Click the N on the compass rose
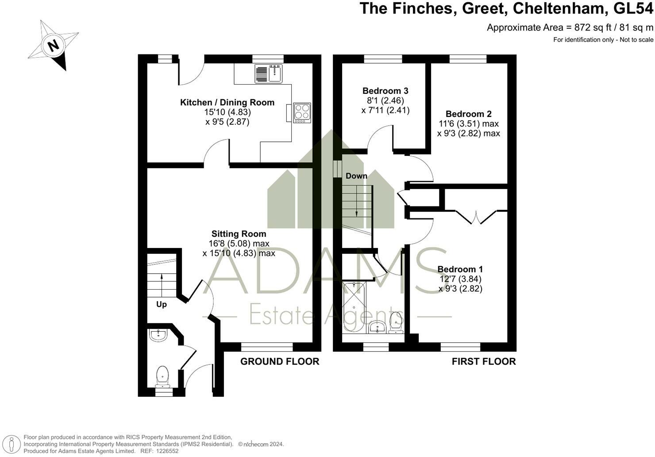click(x=53, y=46)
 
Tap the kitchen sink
click(x=268, y=74)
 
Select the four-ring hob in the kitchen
click(x=302, y=112)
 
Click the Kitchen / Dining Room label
click(x=227, y=102)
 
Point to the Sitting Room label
click(x=239, y=234)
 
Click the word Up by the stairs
click(x=162, y=305)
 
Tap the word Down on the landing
click(x=356, y=176)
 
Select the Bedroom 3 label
click(x=385, y=91)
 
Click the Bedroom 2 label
click(x=468, y=114)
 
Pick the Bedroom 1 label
click(x=460, y=269)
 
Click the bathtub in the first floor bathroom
click(x=354, y=307)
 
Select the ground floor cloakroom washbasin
click(x=158, y=335)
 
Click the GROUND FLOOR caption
click(x=280, y=362)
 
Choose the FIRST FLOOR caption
click(x=484, y=362)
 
